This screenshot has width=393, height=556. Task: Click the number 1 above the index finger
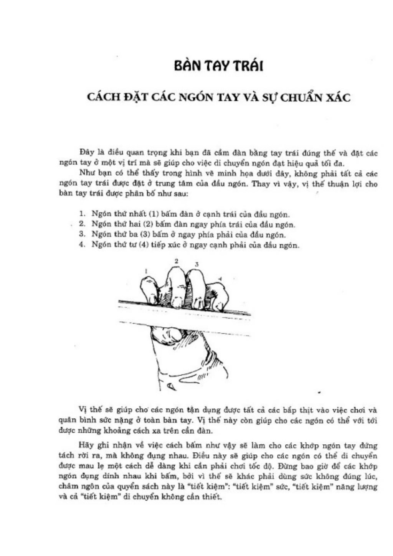pyautogui.click(x=146, y=271)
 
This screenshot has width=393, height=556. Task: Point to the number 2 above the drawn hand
pyautogui.click(x=176, y=261)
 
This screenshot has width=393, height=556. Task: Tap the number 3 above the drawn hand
pyautogui.click(x=197, y=264)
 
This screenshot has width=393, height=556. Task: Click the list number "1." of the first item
pyautogui.click(x=82, y=214)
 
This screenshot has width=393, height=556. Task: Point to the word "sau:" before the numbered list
pyautogui.click(x=180, y=193)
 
